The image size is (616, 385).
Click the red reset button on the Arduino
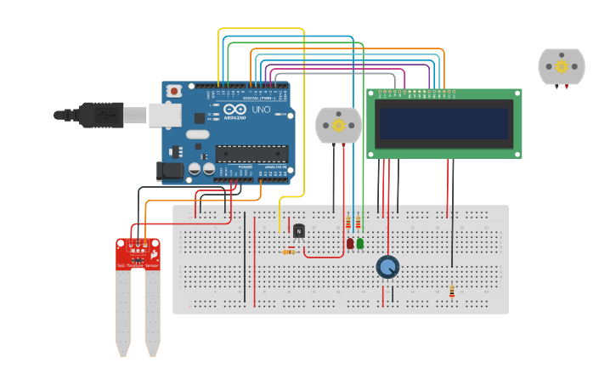tap(174, 90)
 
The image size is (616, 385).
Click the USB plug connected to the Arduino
tap(136, 115)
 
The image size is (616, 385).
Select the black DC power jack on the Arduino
tap(171, 171)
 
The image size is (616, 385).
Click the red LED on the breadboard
tap(350, 243)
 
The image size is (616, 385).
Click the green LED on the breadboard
tap(360, 243)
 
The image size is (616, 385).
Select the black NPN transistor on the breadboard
tap(298, 230)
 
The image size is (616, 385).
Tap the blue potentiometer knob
tap(387, 267)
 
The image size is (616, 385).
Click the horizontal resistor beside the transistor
tap(290, 252)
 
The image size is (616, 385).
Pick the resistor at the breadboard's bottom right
tap(452, 292)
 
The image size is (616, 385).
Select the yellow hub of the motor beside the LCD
tap(338, 126)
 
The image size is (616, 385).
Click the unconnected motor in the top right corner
tap(562, 66)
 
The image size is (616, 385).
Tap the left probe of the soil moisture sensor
tap(124, 310)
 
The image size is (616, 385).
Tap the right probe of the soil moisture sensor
tap(152, 310)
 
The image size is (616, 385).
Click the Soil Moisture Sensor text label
tap(138, 266)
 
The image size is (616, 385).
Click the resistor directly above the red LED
tap(348, 223)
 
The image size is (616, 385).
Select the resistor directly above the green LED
tap(359, 223)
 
